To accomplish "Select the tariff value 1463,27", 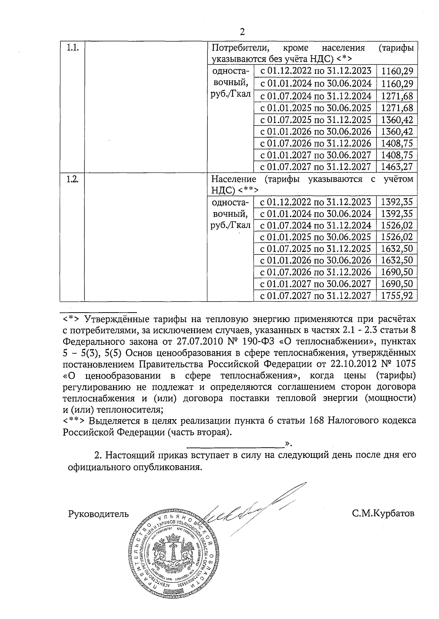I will pyautogui.click(x=397, y=167).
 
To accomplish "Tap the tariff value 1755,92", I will pyautogui.click(x=397, y=295).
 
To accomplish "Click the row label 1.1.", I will pyautogui.click(x=72, y=48).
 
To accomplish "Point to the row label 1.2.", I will pyautogui.click(x=72, y=179).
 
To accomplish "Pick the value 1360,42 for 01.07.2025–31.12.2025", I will pyautogui.click(x=397, y=120).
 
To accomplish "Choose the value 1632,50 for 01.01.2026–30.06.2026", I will pyautogui.click(x=397, y=260).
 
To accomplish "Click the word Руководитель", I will pyautogui.click(x=98, y=514).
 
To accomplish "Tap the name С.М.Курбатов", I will pyautogui.click(x=383, y=513).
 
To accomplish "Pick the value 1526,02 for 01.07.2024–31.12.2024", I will pyautogui.click(x=397, y=225).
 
